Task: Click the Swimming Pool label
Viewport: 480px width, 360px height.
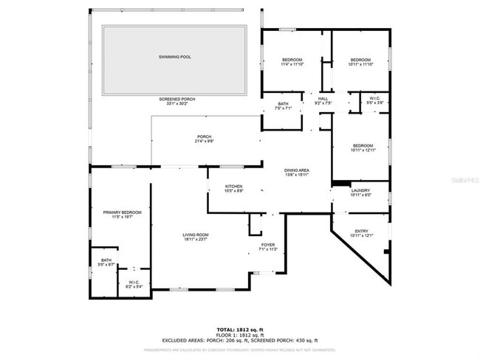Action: click(x=174, y=57)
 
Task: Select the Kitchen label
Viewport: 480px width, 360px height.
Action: click(x=233, y=186)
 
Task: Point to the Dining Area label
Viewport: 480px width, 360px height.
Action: click(x=297, y=170)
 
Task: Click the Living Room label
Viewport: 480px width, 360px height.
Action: click(x=196, y=235)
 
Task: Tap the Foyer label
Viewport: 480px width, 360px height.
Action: click(x=267, y=244)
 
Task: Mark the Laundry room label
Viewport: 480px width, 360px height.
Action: click(x=360, y=190)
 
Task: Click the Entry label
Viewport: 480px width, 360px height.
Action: click(x=361, y=231)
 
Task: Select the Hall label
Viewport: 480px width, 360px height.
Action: click(x=323, y=98)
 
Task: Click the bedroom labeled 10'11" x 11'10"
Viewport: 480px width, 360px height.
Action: click(x=360, y=60)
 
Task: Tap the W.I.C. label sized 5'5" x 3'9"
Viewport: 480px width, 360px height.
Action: click(x=374, y=98)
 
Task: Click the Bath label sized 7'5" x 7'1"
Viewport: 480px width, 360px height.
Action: click(x=284, y=104)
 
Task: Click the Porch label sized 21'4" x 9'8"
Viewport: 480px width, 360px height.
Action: click(x=205, y=136)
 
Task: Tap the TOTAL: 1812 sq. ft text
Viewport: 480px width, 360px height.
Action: click(x=240, y=329)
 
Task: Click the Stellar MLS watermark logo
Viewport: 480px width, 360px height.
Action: click(x=464, y=179)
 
